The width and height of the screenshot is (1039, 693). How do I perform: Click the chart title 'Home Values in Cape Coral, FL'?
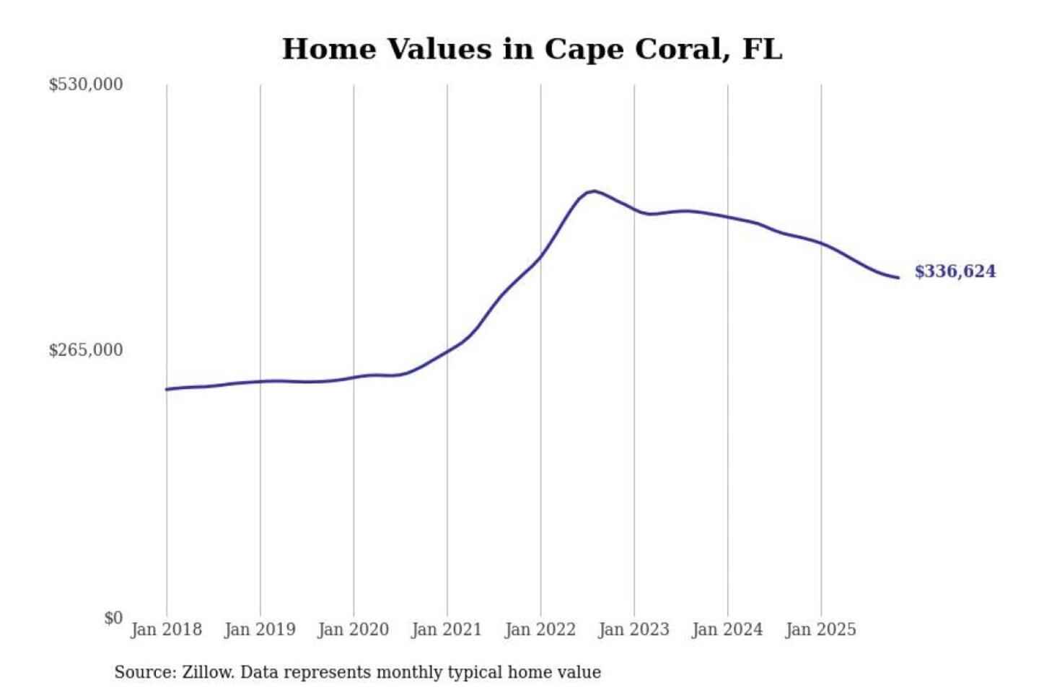click(x=532, y=49)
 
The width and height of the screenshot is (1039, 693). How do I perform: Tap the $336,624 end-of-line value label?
click(x=955, y=271)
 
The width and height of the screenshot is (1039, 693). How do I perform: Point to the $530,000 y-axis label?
click(x=86, y=84)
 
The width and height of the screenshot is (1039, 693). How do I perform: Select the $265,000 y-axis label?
click(x=86, y=350)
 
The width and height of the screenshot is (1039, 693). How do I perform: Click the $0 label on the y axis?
click(x=113, y=618)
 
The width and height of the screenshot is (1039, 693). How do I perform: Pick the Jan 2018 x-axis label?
click(x=166, y=629)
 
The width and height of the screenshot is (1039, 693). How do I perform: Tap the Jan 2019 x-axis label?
click(x=260, y=629)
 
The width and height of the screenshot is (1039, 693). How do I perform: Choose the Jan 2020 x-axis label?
click(x=354, y=629)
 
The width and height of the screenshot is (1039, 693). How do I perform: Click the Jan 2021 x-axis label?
click(x=447, y=629)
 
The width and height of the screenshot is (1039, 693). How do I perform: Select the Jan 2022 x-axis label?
click(x=540, y=629)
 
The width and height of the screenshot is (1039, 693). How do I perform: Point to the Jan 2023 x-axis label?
click(x=634, y=629)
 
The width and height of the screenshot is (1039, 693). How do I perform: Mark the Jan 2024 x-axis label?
click(x=727, y=629)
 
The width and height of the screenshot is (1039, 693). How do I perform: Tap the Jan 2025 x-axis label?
click(x=820, y=629)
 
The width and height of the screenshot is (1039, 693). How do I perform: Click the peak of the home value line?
click(x=593, y=191)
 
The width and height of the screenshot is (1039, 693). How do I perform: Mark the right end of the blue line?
click(x=898, y=278)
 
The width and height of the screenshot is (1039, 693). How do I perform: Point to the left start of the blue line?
click(x=167, y=389)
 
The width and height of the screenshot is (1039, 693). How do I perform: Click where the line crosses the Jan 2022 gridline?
click(x=540, y=256)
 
